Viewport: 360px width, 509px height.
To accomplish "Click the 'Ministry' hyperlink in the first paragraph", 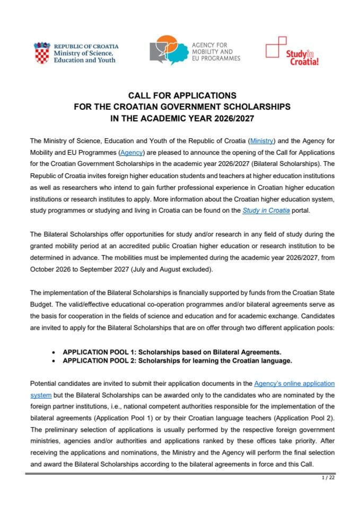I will [262, 141].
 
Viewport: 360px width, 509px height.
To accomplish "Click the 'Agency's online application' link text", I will [294, 383].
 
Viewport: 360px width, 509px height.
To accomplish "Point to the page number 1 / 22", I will [328, 478].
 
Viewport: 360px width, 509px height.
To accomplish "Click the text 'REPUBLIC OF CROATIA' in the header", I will [86, 47].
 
